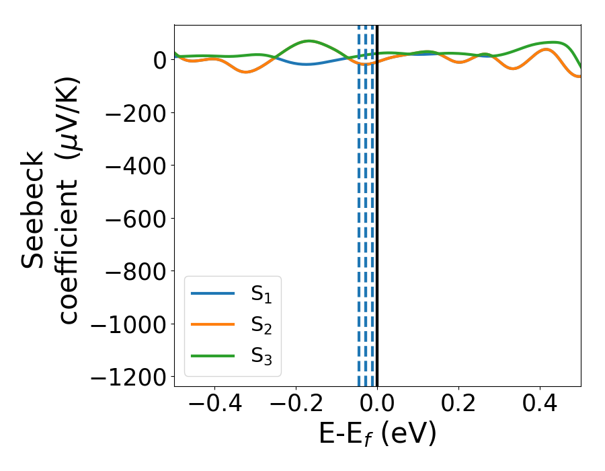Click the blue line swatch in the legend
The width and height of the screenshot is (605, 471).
(x=212, y=293)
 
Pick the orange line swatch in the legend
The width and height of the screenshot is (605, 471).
(x=212, y=324)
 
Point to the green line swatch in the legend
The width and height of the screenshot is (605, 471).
(x=212, y=355)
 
